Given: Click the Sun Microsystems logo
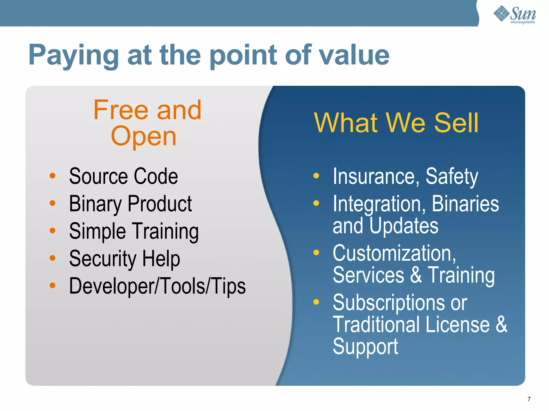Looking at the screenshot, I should [x=515, y=15].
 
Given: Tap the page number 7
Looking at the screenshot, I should [x=529, y=399].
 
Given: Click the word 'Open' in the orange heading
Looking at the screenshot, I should [x=144, y=136].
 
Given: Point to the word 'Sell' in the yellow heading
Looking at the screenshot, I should [x=456, y=123].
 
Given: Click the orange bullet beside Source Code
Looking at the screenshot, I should [x=53, y=176].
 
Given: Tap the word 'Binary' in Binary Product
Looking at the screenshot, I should [x=95, y=204].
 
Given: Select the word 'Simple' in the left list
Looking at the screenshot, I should [x=97, y=231].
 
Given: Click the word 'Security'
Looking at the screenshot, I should [x=103, y=259].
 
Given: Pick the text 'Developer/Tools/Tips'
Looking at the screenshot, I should [x=157, y=286].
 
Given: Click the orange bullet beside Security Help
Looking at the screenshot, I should [x=53, y=258].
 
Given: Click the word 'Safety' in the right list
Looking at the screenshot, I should [x=452, y=177].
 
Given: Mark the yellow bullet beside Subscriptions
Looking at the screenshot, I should [x=316, y=302].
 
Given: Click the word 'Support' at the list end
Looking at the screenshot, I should [x=365, y=347].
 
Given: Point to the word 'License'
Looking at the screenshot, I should [x=458, y=325].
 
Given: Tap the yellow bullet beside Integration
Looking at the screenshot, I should [x=316, y=203].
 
